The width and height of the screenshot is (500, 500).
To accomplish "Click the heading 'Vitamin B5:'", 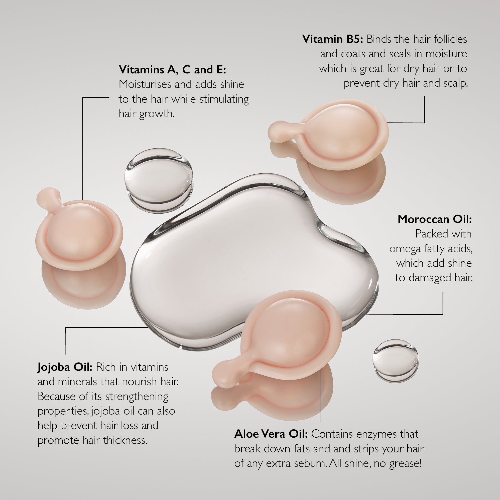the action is click(333, 39).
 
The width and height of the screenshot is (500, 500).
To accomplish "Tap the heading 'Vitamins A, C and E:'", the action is click(172, 70).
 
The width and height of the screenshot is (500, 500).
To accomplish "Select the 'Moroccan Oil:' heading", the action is click(435, 219).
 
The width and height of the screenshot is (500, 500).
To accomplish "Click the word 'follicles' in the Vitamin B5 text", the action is click(451, 39).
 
